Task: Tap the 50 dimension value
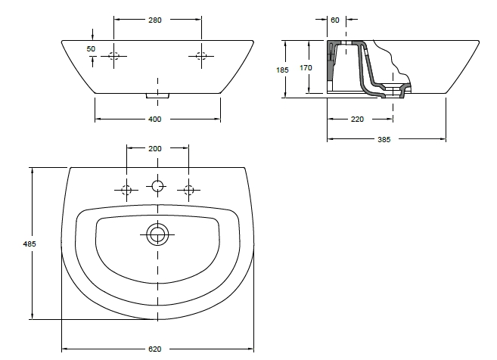pos(91,48)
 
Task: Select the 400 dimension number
pos(155,119)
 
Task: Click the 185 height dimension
pos(283,69)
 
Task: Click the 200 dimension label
pos(155,149)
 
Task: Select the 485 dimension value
pos(30,244)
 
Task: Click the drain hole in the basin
pos(157,234)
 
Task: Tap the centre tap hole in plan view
pos(157,186)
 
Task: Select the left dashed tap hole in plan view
pos(126,190)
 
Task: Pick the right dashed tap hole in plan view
pos(189,190)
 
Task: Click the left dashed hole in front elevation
pos(113,54)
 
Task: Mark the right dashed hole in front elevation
pos(200,54)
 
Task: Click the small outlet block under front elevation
pos(157,95)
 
